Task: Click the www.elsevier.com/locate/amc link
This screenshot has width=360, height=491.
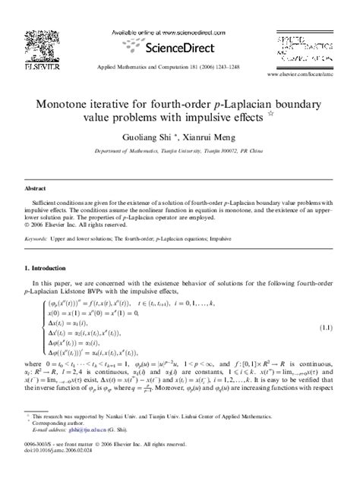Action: click(x=305, y=77)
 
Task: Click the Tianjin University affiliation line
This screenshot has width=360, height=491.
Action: click(x=179, y=153)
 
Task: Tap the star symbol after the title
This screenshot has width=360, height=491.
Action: click(x=270, y=116)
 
